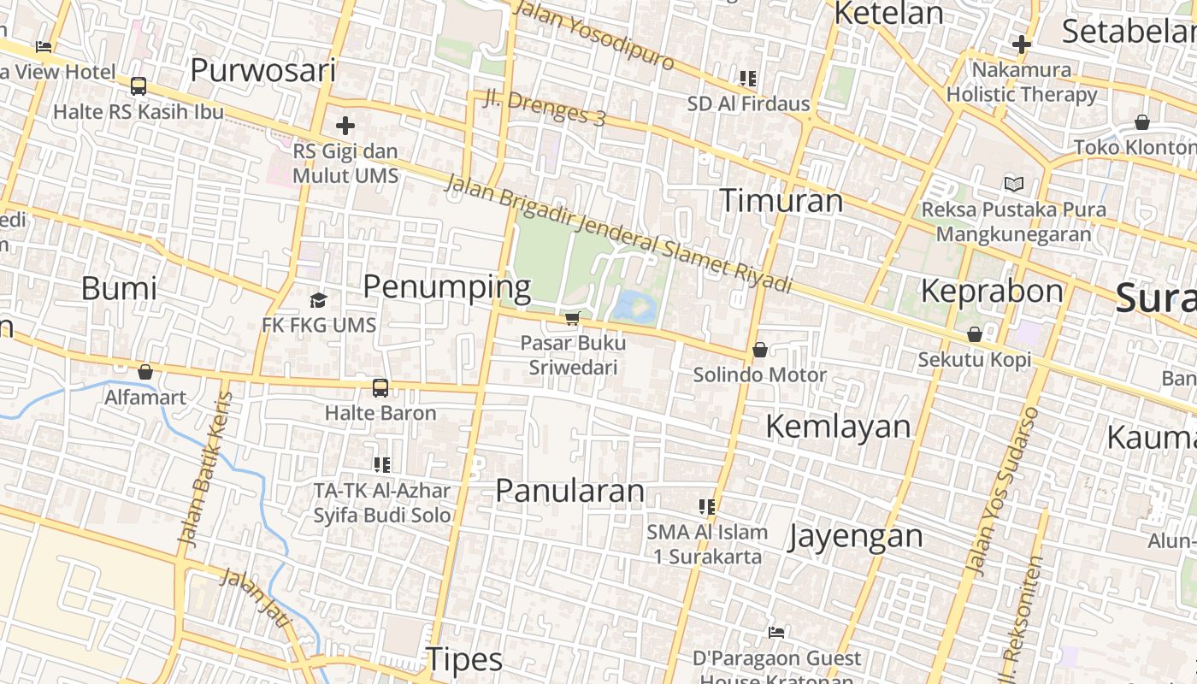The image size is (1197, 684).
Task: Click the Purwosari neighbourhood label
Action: pyautogui.click(x=262, y=70)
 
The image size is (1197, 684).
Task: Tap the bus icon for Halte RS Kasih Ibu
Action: pyautogui.click(x=139, y=86)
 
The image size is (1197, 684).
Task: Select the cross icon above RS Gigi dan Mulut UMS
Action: pyautogui.click(x=345, y=127)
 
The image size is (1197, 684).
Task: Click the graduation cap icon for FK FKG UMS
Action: pyautogui.click(x=319, y=300)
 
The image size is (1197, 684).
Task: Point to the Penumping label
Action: pyautogui.click(x=446, y=286)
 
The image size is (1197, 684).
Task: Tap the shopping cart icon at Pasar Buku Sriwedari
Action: pyautogui.click(x=572, y=319)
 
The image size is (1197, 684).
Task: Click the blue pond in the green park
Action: pyautogui.click(x=634, y=305)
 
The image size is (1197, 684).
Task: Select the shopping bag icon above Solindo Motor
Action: pyautogui.click(x=759, y=350)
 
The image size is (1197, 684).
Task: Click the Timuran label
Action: pyautogui.click(x=781, y=200)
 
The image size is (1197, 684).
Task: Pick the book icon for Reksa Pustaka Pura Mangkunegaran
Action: pyautogui.click(x=1013, y=184)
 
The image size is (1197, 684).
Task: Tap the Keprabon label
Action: pyautogui.click(x=991, y=292)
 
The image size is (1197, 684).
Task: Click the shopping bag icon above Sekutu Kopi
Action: pyautogui.click(x=974, y=334)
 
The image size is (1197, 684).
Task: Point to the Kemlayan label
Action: pyautogui.click(x=838, y=426)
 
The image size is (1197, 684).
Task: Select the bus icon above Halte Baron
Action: pyautogui.click(x=380, y=388)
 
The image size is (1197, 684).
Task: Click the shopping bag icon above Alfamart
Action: pyautogui.click(x=145, y=372)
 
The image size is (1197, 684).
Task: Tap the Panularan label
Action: pyautogui.click(x=569, y=491)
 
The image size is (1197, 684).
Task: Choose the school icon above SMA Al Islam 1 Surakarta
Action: pyautogui.click(x=706, y=507)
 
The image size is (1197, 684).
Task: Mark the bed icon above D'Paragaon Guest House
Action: pyautogui.click(x=776, y=633)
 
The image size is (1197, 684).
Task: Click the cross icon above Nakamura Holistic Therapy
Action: pyautogui.click(x=1021, y=44)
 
